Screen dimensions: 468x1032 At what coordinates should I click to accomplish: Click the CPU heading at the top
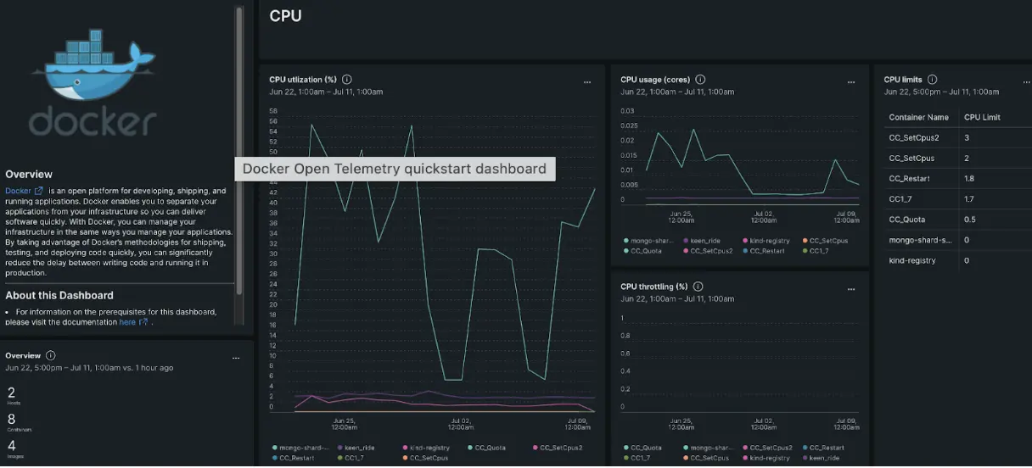pyautogui.click(x=285, y=16)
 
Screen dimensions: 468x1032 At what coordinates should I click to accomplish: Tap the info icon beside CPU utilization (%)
pyautogui.click(x=347, y=80)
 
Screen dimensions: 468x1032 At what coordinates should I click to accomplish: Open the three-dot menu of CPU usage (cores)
pyautogui.click(x=851, y=82)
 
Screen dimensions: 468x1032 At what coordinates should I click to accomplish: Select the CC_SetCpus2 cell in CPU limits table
pyautogui.click(x=913, y=137)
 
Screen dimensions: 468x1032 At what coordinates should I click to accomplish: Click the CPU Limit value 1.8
pyautogui.click(x=969, y=179)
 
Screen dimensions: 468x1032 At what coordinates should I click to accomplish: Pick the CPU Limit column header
pyautogui.click(x=982, y=117)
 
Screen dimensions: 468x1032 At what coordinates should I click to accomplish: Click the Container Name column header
pyautogui.click(x=918, y=117)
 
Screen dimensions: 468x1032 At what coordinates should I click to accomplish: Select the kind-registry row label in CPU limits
pyautogui.click(x=912, y=260)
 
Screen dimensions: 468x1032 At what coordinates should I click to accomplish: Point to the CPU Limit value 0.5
pyautogui.click(x=969, y=220)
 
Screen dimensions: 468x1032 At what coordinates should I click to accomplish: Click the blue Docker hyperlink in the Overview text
pyautogui.click(x=18, y=191)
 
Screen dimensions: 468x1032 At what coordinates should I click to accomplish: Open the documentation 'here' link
pyautogui.click(x=127, y=322)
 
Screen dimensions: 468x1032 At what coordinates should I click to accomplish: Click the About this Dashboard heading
pyautogui.click(x=59, y=296)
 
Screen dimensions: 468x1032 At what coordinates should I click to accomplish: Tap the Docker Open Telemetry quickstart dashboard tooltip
pyautogui.click(x=395, y=169)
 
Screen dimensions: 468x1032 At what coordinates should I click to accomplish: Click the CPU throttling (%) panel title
pyautogui.click(x=653, y=287)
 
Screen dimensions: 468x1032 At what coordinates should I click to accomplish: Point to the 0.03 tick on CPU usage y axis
pyautogui.click(x=627, y=110)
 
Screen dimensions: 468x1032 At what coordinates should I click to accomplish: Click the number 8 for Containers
pyautogui.click(x=12, y=419)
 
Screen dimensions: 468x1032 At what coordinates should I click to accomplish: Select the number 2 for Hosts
pyautogui.click(x=12, y=393)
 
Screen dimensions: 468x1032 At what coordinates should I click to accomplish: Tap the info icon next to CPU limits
pyautogui.click(x=932, y=80)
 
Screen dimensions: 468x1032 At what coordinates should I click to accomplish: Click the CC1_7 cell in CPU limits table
pyautogui.click(x=901, y=199)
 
